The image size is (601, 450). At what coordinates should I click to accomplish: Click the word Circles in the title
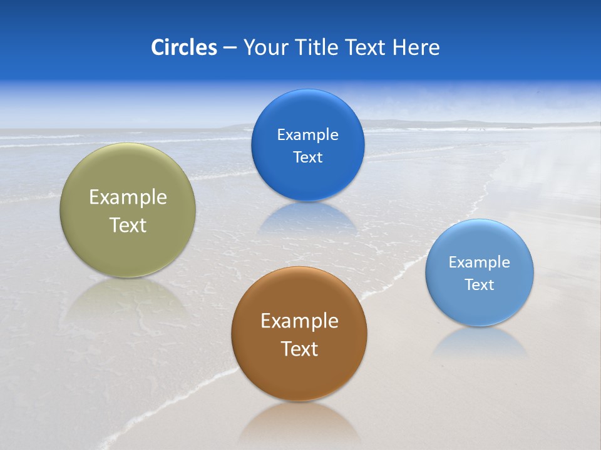(x=183, y=47)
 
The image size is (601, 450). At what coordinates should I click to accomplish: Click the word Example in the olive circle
(x=128, y=197)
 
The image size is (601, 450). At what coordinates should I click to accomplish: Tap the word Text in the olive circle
(x=128, y=225)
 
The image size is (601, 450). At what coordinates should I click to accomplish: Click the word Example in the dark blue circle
(x=307, y=135)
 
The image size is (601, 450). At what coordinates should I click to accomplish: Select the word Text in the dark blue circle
(x=307, y=157)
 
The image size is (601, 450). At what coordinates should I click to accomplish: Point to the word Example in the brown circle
(x=299, y=321)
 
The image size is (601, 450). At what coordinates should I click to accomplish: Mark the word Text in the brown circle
(x=299, y=349)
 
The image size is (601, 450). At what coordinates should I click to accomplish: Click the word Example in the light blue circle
(x=480, y=262)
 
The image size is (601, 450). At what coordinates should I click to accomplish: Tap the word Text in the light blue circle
(x=480, y=285)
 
